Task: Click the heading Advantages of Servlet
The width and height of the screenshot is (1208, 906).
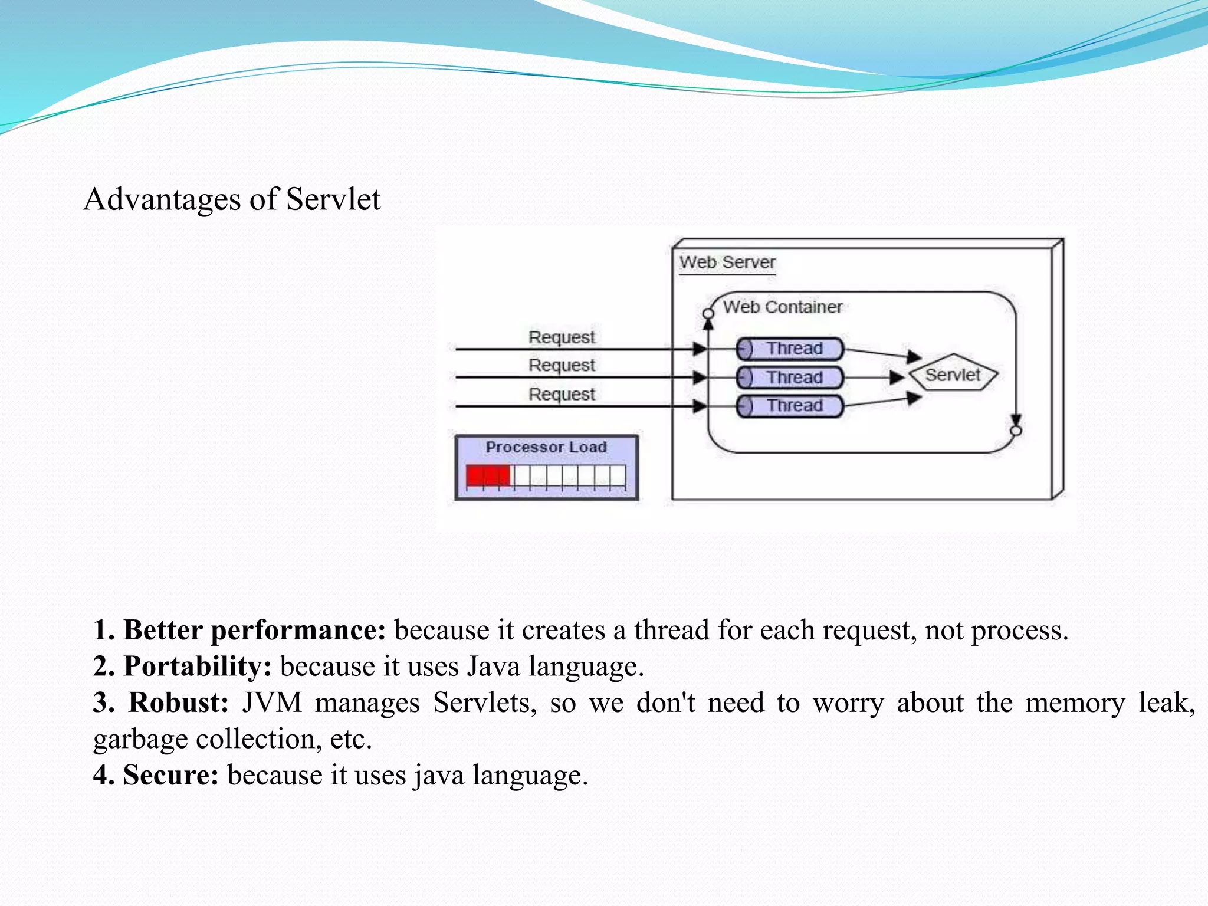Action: [x=232, y=199]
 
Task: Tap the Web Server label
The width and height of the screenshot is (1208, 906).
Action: [x=727, y=262]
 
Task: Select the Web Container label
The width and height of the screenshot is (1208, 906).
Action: [x=782, y=307]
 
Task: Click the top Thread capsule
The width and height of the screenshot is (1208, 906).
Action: [x=790, y=349]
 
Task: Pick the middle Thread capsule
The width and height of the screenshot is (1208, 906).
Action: [x=790, y=377]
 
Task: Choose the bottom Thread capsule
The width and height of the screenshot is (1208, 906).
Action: [x=790, y=406]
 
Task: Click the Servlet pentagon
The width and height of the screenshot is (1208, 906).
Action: [x=953, y=375]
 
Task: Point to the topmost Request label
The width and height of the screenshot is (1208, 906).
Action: [x=562, y=337]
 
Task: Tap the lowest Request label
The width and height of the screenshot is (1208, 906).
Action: [x=562, y=393]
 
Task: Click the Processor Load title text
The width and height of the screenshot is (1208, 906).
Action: [x=546, y=447]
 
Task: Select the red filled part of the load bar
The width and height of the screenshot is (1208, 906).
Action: [x=487, y=475]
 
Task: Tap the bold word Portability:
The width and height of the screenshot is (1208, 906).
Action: [x=197, y=667]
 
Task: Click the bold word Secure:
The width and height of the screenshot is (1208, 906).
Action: [x=170, y=774]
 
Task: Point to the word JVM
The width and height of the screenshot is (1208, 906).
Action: [x=272, y=703]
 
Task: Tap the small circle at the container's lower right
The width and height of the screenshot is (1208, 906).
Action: [x=1015, y=431]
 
